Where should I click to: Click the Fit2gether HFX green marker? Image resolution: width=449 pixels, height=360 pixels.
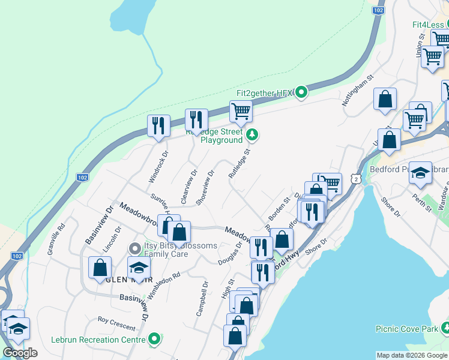[302, 92]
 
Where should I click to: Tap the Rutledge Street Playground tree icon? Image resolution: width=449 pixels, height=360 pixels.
[253, 136]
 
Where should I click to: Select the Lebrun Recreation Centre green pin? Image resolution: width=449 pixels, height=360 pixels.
[155, 340]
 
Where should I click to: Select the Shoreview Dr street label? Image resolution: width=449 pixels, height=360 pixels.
[205, 187]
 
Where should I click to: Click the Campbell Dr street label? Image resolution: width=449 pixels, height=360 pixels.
[202, 299]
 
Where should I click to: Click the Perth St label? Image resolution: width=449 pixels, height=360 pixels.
[424, 200]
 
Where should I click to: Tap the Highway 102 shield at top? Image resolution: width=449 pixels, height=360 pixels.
[378, 10]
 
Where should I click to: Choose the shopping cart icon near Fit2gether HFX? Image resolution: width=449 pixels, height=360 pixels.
[240, 111]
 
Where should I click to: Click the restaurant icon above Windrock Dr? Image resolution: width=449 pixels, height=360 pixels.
[158, 125]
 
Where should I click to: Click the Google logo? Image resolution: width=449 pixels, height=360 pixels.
[20, 353]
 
